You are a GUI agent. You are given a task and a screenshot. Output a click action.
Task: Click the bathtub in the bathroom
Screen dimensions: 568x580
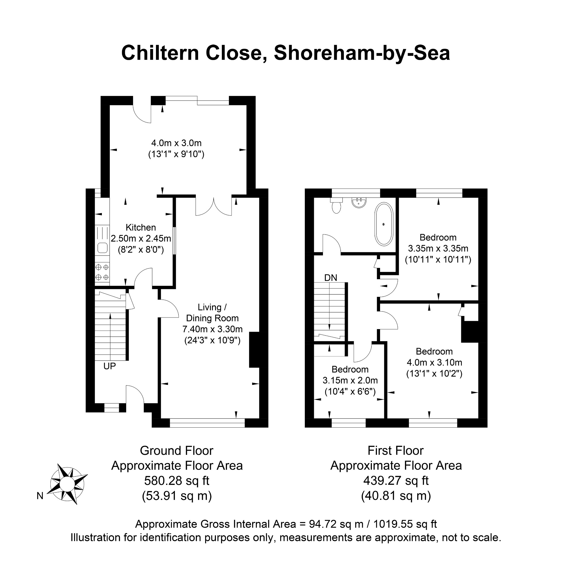tap(384, 224)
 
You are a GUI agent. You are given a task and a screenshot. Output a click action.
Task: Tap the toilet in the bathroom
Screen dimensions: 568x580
tap(336, 206)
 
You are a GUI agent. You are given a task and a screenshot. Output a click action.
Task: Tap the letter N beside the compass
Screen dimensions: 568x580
tap(40, 496)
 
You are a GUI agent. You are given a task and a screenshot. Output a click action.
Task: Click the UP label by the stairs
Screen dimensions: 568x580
tap(110, 366)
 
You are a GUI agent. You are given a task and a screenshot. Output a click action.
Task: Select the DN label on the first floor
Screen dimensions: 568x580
tap(331, 278)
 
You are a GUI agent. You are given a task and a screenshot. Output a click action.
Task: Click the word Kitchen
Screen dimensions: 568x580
tap(141, 227)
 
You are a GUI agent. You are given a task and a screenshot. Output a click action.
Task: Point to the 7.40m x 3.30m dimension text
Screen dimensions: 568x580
tap(213, 329)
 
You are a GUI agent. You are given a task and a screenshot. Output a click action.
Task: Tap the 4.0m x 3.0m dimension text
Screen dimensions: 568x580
tap(176, 143)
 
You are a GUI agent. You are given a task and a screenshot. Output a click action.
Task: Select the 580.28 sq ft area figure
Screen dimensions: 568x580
tap(177, 481)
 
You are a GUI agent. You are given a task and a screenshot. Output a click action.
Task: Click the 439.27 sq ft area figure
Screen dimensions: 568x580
tap(396, 481)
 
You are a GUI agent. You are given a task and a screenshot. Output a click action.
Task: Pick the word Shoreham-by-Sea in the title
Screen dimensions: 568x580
tap(362, 53)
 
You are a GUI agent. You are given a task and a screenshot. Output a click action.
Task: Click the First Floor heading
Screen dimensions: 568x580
tap(396, 451)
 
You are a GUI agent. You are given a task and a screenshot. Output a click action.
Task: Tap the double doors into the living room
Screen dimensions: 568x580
tap(214, 206)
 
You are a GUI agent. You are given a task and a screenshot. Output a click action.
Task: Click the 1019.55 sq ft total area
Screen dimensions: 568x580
tap(405, 524)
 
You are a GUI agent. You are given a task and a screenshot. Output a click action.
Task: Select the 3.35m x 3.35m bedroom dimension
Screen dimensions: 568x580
tap(438, 248)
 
